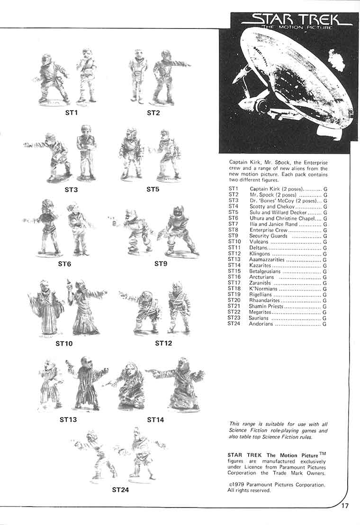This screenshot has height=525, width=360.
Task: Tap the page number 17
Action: (345, 506)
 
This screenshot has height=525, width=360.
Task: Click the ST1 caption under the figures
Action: (71, 113)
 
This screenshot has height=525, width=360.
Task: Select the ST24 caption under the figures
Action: (120, 490)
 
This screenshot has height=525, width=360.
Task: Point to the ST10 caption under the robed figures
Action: (64, 343)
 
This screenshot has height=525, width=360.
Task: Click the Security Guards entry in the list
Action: (269, 236)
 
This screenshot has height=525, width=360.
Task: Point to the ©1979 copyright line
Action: (276, 485)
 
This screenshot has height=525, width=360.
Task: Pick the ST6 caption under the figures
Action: (64, 264)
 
